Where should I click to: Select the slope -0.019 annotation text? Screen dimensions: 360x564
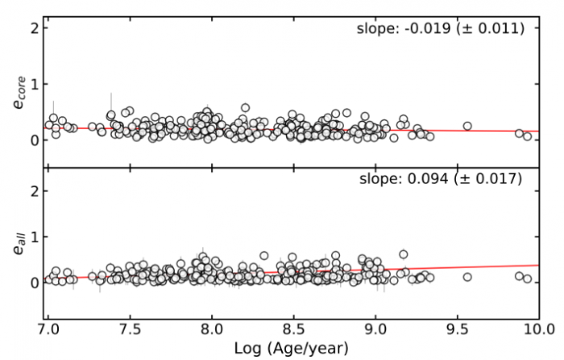440,29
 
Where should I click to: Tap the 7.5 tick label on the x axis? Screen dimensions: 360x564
131,330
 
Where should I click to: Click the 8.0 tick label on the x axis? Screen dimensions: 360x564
212,330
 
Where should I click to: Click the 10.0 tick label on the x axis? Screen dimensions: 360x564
537,330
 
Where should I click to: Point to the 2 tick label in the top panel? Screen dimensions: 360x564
35,29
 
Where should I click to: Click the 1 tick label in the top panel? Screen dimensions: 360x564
35,85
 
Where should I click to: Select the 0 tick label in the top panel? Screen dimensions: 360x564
35,140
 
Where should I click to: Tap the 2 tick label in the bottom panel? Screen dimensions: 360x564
35,191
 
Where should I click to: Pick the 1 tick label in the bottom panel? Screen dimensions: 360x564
35,237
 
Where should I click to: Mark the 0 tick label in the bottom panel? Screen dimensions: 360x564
35,283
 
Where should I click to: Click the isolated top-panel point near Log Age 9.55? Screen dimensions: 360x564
467,126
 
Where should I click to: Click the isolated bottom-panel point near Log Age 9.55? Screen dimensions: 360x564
467,277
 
